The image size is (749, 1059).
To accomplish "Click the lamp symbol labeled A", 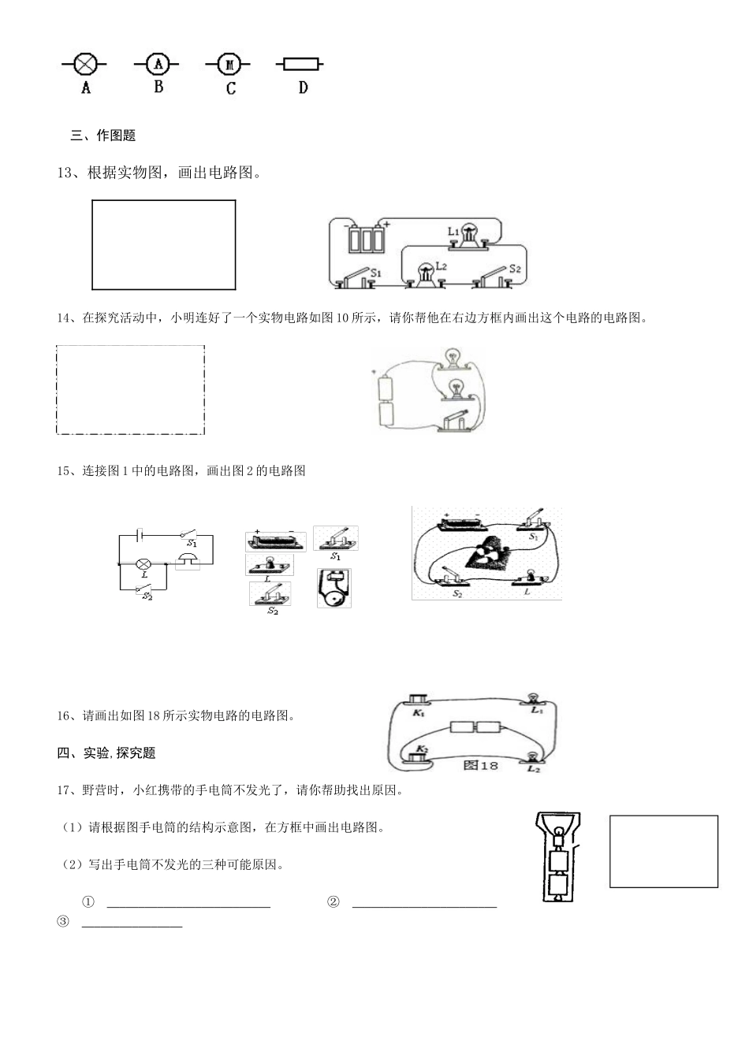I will (85, 64).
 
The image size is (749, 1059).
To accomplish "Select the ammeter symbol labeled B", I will (158, 64).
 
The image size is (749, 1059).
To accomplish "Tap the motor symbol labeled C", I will (230, 64).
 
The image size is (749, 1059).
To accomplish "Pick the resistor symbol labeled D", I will (300, 64).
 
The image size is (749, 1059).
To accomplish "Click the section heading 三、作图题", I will (103, 136).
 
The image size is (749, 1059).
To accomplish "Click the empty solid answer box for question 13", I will (163, 244).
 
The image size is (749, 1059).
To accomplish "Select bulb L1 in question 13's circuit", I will (468, 234).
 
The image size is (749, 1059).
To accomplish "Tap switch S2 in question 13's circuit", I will (498, 276).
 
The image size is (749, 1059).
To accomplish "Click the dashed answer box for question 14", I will (130, 389).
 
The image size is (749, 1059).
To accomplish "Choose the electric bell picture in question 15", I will (334, 588).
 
